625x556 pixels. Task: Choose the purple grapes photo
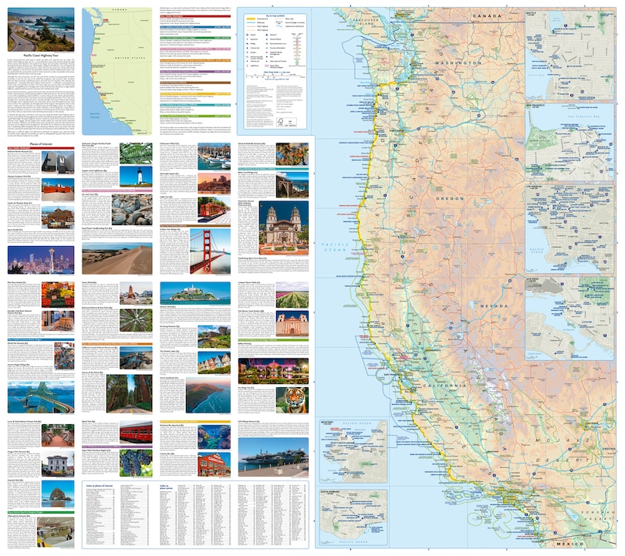point(136,462)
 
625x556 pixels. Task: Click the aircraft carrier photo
point(275,457)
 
